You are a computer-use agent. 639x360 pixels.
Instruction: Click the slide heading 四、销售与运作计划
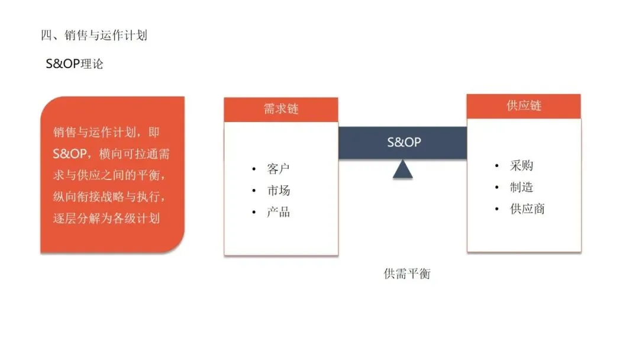point(93,36)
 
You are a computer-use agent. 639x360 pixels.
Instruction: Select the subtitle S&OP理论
point(75,63)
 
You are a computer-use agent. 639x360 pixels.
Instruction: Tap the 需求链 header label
point(281,109)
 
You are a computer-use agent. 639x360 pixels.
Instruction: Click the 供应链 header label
point(524,106)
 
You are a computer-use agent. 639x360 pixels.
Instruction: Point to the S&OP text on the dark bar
point(404,142)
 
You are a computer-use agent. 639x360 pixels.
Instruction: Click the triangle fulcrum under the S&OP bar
point(403,170)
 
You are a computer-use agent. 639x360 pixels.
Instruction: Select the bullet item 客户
point(278,169)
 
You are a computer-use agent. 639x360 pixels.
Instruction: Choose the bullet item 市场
point(278,191)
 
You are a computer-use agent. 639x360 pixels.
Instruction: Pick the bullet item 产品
point(278,212)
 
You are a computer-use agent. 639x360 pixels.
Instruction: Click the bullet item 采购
point(521,166)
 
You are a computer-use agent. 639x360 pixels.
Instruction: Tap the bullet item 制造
point(521,187)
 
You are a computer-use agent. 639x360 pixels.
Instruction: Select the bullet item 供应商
point(527,208)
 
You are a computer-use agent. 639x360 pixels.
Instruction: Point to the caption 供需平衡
point(406,274)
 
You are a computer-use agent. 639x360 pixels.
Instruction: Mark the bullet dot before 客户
point(254,170)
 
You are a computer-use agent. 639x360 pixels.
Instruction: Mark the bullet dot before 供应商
point(497,209)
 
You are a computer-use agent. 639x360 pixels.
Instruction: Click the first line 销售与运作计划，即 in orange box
point(107,133)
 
